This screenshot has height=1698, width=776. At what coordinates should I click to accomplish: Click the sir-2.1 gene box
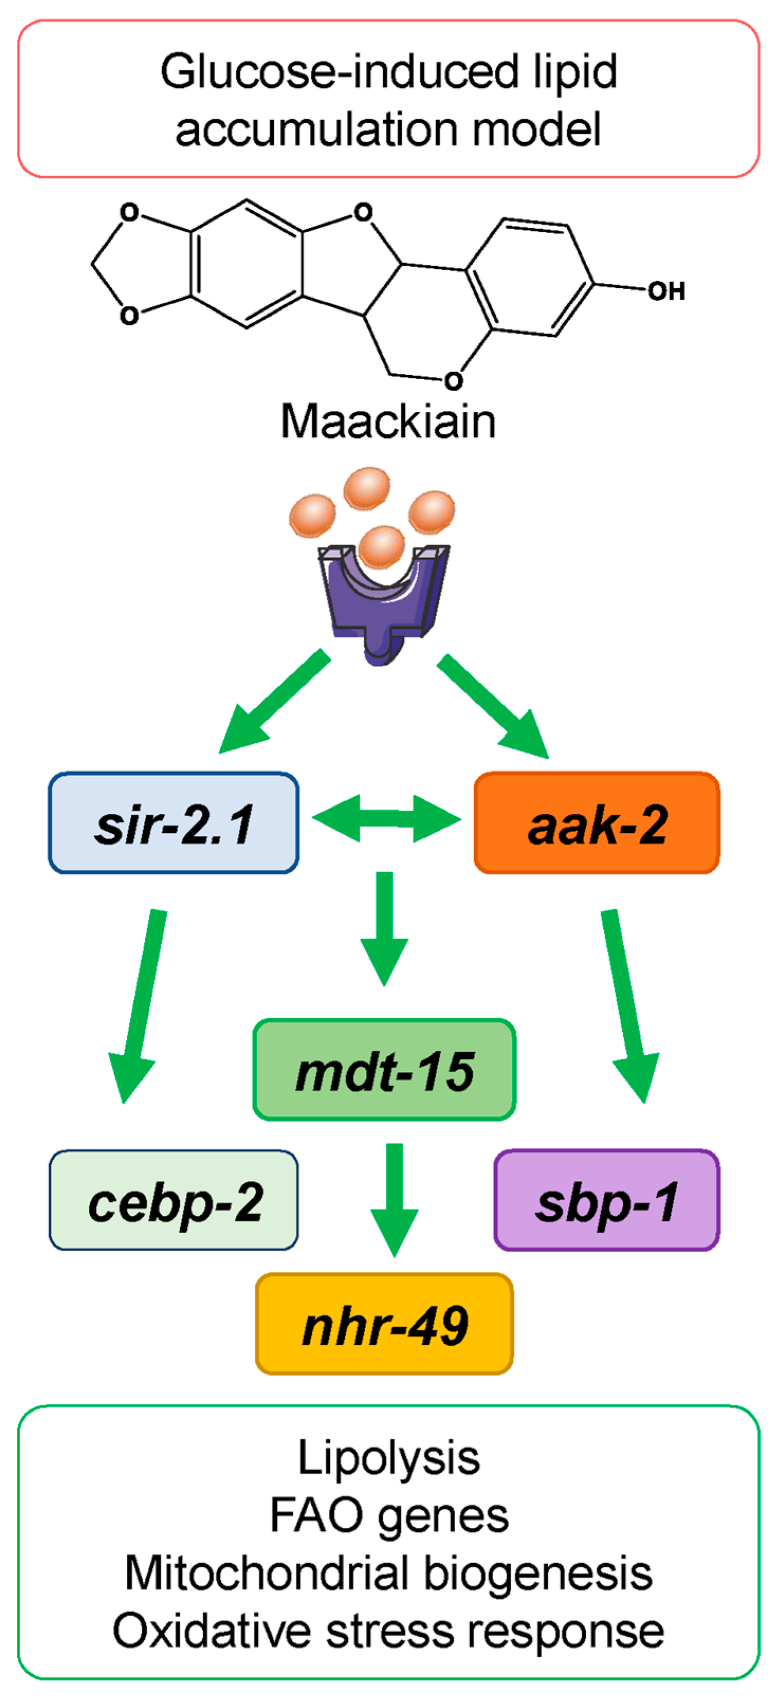[173, 823]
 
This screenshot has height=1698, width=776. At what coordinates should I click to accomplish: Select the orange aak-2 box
[597, 823]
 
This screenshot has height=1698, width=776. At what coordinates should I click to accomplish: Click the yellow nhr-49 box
[384, 1324]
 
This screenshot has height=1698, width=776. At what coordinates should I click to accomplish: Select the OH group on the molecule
[666, 291]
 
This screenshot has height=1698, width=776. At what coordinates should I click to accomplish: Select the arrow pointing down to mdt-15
[385, 926]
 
